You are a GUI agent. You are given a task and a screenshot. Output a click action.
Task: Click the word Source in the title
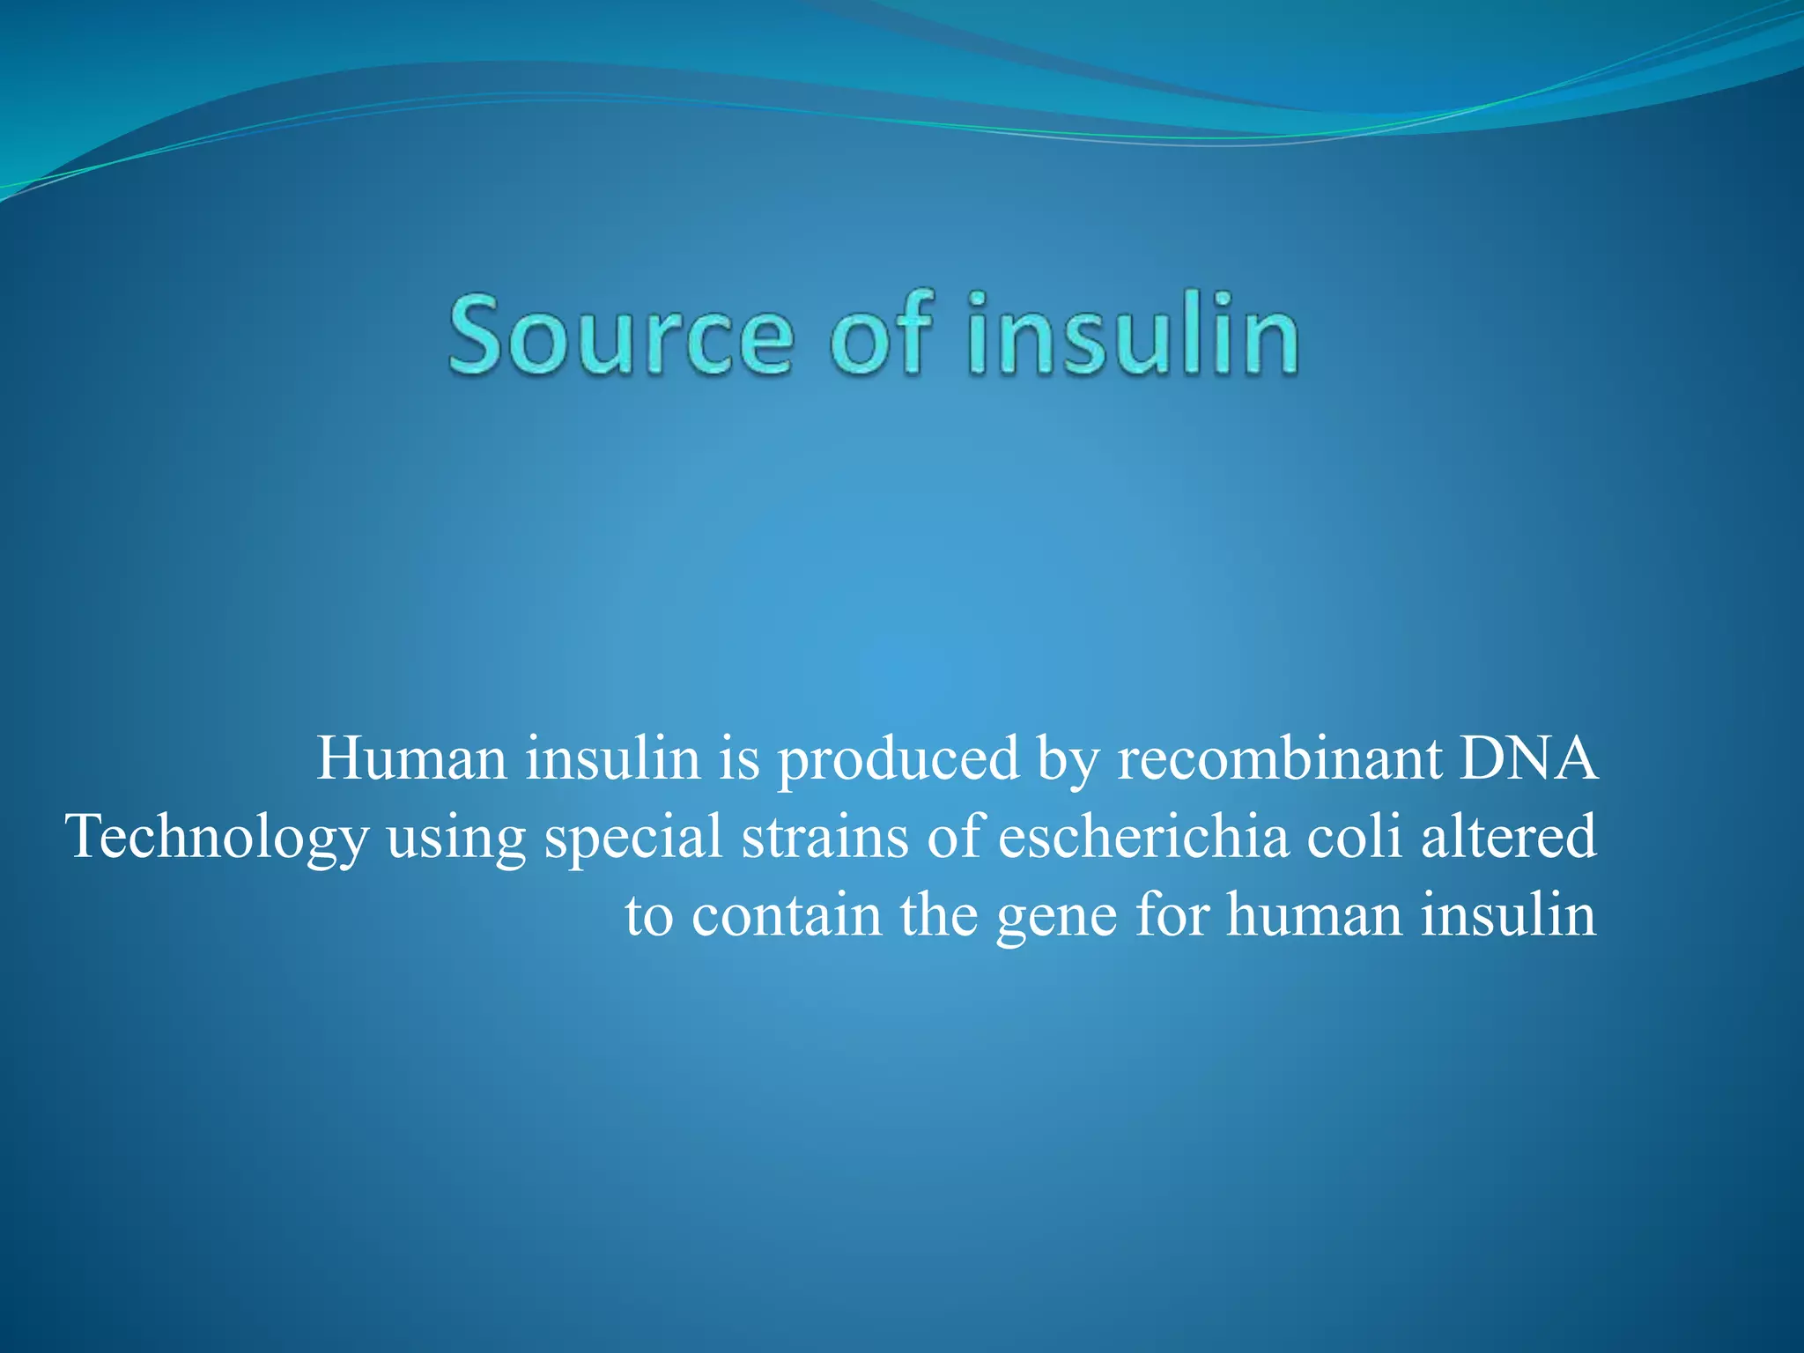click(x=621, y=336)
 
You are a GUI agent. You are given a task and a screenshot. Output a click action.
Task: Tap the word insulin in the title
click(x=1133, y=335)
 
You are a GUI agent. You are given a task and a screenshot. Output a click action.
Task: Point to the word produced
click(x=898, y=759)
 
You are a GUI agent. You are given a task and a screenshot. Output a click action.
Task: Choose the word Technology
click(x=217, y=837)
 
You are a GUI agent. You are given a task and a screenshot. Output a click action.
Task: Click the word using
click(x=455, y=839)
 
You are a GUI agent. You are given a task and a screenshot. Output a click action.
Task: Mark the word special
click(x=633, y=837)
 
